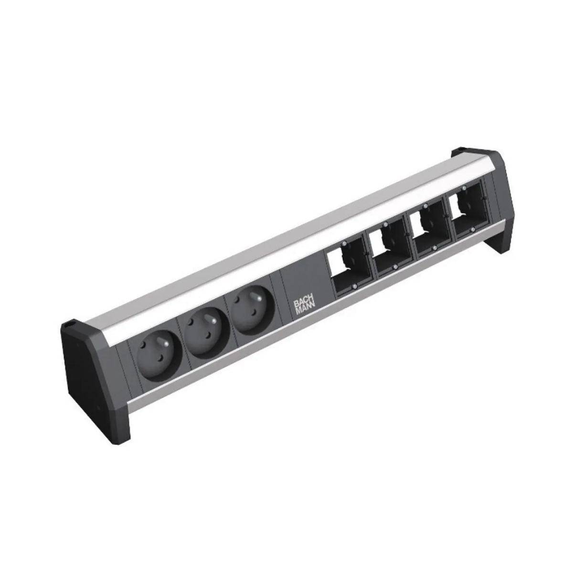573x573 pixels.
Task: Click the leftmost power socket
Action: click(x=159, y=356)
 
